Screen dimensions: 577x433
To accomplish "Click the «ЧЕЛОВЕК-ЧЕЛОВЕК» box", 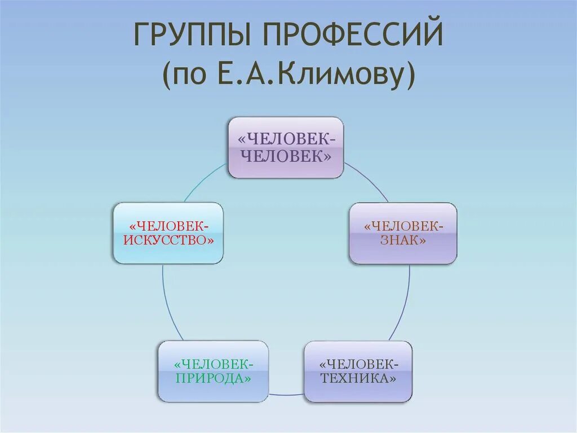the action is [286, 147].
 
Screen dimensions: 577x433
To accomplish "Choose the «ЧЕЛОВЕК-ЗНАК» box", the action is [403, 233].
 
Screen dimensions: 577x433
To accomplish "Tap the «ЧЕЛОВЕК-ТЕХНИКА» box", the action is [358, 371].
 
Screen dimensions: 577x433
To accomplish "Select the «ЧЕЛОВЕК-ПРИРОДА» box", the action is [213, 371].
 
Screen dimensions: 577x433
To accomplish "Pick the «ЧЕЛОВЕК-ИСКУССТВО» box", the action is [168, 233].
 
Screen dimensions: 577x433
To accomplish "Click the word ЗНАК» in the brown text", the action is [403, 240].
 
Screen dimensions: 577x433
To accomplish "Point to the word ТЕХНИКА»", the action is [358, 378].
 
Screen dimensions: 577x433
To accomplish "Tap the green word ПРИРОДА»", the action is [213, 378].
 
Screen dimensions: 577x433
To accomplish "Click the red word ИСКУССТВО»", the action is [168, 240].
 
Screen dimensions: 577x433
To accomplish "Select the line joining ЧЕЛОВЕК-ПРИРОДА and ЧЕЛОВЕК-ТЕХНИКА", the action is [286, 393].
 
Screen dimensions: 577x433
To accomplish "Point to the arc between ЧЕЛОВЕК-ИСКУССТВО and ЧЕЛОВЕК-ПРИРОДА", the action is [167, 305].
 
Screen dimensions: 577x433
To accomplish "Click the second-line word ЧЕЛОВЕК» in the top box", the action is [286, 155].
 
